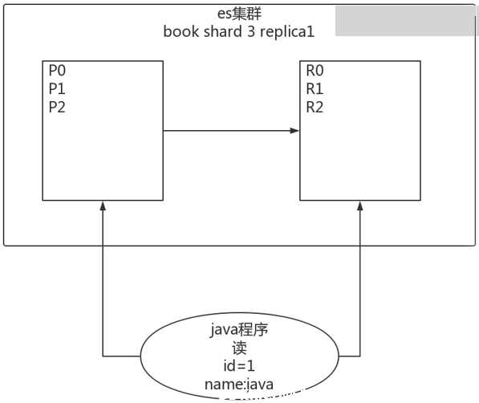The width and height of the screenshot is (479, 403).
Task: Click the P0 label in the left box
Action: click(57, 71)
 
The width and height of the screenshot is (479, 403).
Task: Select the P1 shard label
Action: click(57, 88)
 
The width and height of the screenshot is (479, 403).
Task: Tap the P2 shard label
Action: click(57, 108)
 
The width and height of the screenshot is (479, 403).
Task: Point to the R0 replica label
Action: click(315, 71)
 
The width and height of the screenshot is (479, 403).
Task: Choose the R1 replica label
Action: click(315, 88)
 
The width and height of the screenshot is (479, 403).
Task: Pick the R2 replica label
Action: click(315, 108)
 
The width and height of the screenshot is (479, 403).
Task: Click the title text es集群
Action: click(239, 14)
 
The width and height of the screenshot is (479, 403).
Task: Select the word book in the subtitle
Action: click(181, 31)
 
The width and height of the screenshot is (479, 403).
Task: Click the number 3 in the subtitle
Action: click(251, 32)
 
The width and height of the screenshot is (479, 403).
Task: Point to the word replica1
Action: click(287, 32)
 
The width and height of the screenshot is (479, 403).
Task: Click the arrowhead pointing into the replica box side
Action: click(294, 131)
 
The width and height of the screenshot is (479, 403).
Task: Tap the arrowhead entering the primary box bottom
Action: click(103, 206)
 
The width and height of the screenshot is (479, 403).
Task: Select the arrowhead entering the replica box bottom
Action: click(360, 206)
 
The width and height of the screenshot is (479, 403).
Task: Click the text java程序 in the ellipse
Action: click(239, 330)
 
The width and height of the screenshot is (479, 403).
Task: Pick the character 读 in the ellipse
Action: click(239, 348)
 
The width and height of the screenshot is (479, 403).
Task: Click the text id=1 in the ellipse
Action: click(239, 366)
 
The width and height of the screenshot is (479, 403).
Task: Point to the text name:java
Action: click(239, 385)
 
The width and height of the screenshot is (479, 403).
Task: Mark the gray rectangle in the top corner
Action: click(405, 21)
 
